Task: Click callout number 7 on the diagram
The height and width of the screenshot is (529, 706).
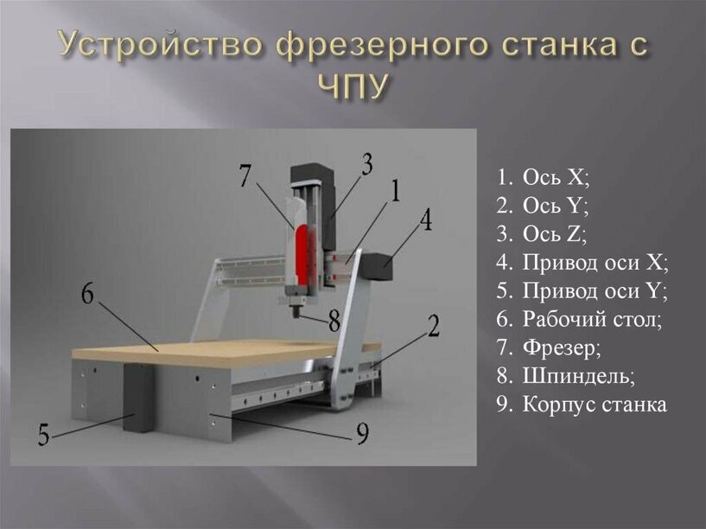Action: (x=244, y=176)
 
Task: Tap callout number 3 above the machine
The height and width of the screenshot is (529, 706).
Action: (x=367, y=164)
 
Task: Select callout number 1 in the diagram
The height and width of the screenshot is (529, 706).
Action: (x=395, y=191)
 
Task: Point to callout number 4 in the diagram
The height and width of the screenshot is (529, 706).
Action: (x=425, y=220)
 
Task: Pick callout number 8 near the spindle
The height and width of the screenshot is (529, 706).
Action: (x=334, y=321)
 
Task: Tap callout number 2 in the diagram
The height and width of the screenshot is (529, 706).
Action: (x=433, y=326)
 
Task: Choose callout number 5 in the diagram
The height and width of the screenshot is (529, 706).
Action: (x=44, y=435)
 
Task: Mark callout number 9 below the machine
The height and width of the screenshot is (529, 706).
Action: (x=362, y=433)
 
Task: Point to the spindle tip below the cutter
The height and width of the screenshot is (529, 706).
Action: (x=296, y=311)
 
